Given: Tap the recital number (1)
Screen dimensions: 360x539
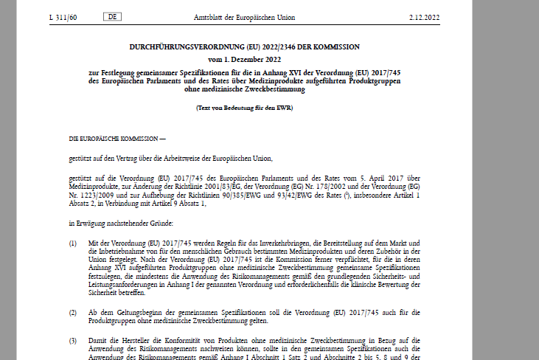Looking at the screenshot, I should [x=73, y=243].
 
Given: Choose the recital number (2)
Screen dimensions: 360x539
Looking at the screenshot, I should [x=73, y=312].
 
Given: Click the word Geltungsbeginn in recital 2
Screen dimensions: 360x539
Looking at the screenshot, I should [x=127, y=312].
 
